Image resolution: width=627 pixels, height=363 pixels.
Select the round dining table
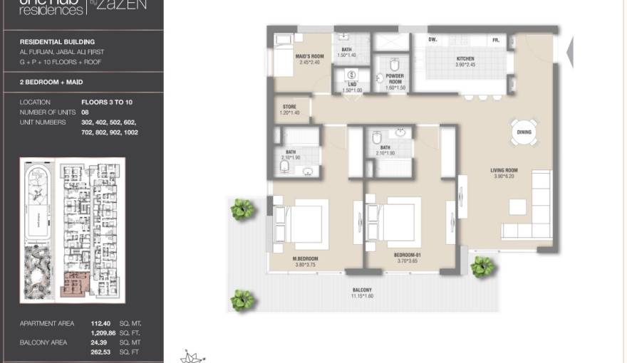(x=524, y=132)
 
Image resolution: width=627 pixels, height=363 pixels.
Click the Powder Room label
(x=395, y=76)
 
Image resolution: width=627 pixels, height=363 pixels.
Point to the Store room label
(x=289, y=107)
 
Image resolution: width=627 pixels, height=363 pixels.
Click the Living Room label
(x=503, y=169)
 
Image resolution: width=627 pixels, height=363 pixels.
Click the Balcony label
(x=361, y=290)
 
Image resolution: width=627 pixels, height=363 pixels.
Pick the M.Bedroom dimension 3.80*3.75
(x=305, y=264)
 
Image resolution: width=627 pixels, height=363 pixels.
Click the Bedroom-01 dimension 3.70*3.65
(x=408, y=261)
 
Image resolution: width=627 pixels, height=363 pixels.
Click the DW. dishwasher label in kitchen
(x=432, y=40)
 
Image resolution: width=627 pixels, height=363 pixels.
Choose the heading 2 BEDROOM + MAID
(x=52, y=83)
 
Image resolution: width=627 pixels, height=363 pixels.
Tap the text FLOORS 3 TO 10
(x=107, y=102)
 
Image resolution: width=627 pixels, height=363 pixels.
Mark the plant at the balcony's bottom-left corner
(x=242, y=300)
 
